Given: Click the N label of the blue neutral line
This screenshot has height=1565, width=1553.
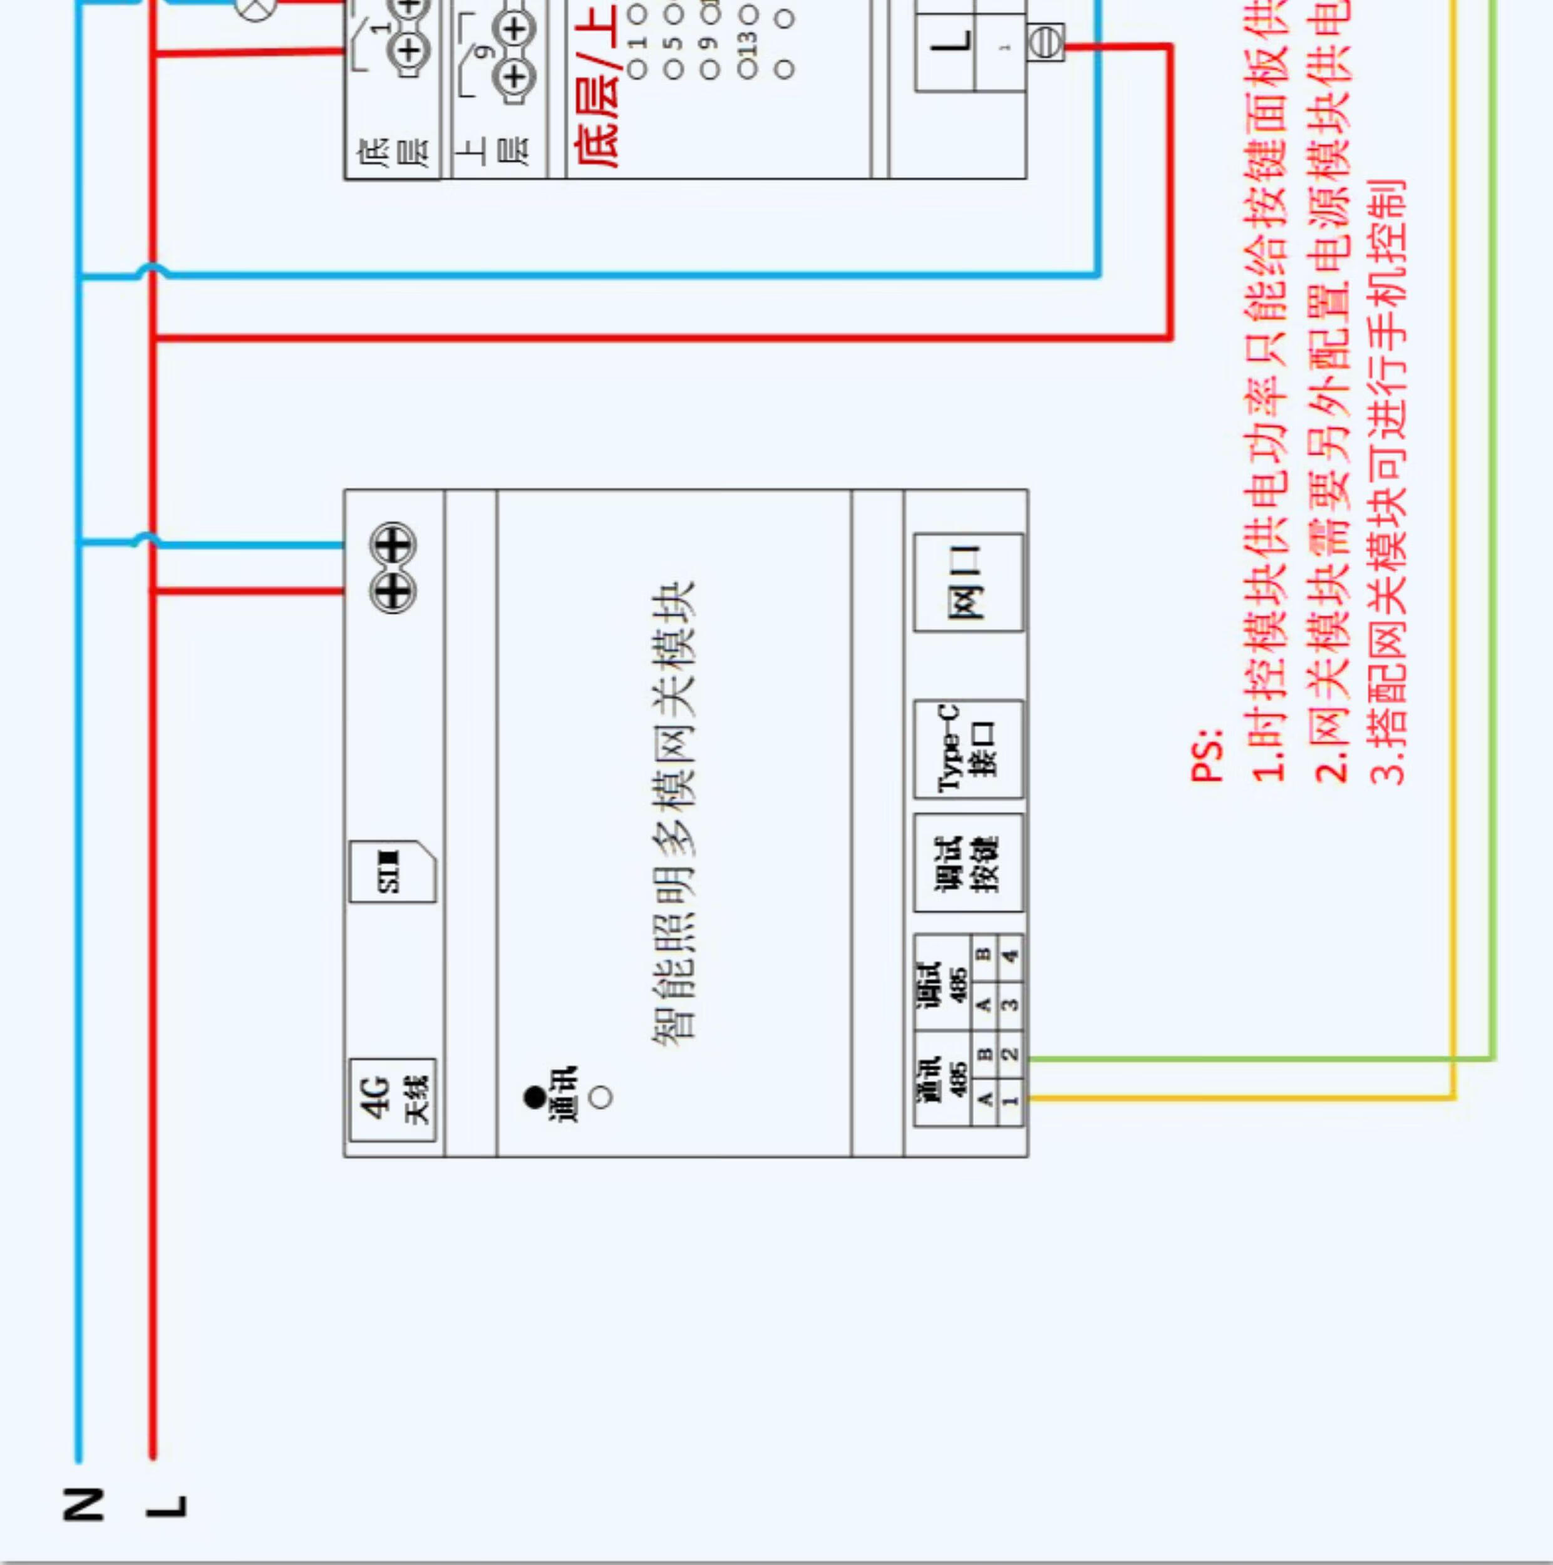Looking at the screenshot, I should (83, 1504).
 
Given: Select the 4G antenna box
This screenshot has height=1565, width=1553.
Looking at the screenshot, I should (392, 1099).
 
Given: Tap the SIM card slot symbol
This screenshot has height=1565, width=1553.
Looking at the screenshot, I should (392, 871).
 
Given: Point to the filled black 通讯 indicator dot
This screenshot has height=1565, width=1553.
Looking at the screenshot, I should (535, 1097).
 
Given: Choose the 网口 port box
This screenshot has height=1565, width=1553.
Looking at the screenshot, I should (968, 582).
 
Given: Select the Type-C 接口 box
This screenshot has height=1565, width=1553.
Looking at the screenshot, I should (968, 749).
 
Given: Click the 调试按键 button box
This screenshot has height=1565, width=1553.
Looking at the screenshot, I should (968, 863).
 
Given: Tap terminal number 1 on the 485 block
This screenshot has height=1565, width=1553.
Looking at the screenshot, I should (1010, 1100).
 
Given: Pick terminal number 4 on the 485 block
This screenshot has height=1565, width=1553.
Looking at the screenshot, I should (1010, 956).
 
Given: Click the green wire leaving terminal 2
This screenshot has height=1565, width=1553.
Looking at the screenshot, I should (1256, 1058).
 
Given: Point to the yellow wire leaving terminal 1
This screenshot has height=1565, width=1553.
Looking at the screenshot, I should (1239, 1097).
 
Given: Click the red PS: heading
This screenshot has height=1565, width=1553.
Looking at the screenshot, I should (1205, 755).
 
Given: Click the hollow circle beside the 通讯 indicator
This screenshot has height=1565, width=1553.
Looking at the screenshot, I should (601, 1097).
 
